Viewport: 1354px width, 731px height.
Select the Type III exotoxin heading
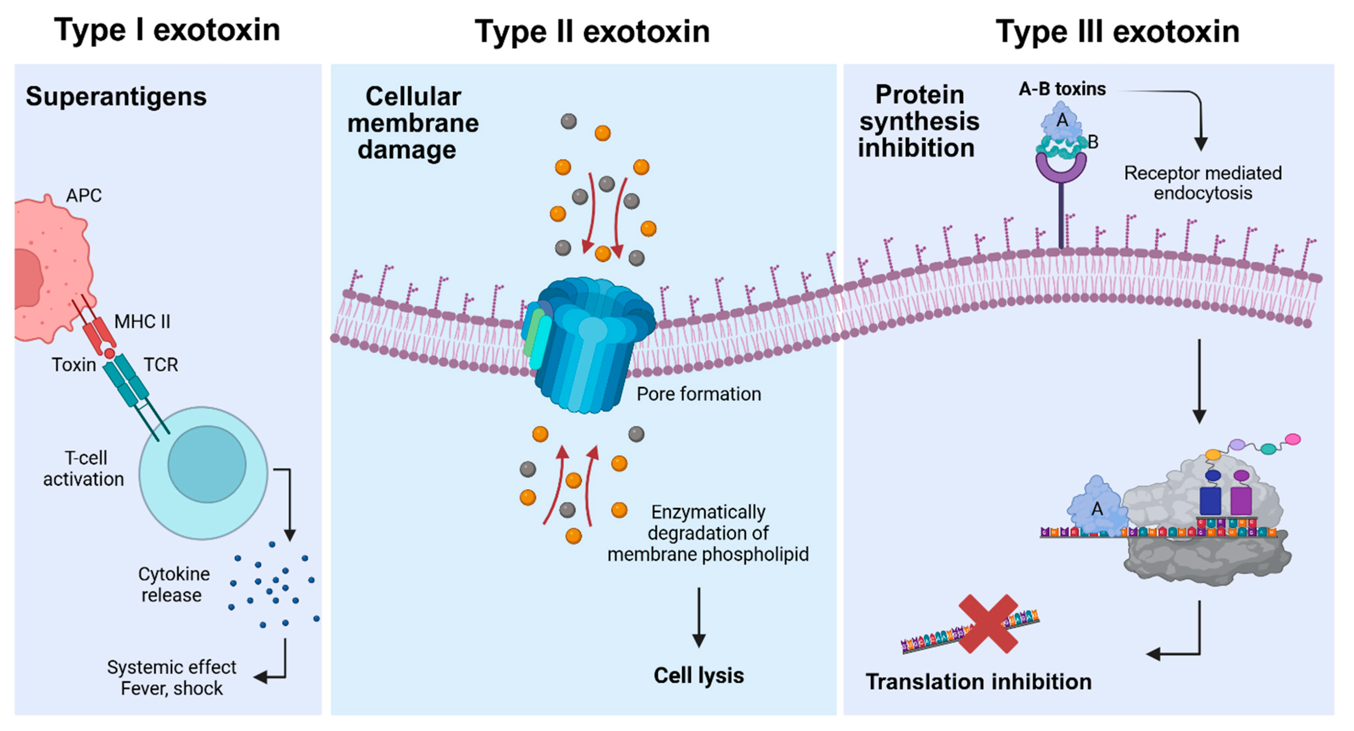pos(1118,32)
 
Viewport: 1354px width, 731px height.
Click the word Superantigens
pos(116,97)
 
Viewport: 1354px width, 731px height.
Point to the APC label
pos(84,196)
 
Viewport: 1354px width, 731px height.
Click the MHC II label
pos(142,321)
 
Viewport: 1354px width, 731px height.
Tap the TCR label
pos(161,364)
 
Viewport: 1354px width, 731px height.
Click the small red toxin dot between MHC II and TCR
pos(109,354)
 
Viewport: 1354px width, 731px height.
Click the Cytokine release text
pos(173,584)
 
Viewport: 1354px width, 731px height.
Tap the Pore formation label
pos(699,394)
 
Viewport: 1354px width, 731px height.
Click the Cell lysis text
pos(699,675)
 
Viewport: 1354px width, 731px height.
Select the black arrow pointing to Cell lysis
pos(699,618)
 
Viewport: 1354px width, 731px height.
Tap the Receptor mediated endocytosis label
pos(1203,182)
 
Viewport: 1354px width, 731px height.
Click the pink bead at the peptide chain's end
pos(1293,439)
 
